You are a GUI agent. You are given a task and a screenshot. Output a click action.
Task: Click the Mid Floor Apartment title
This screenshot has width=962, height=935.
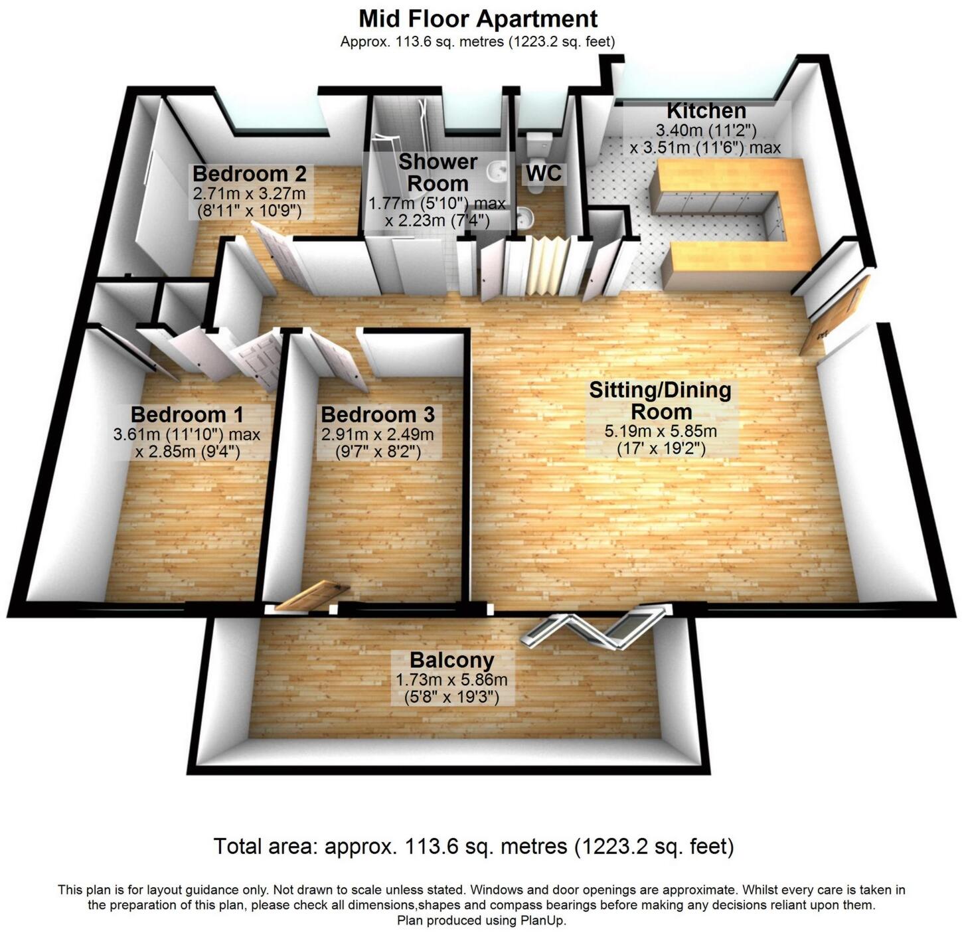478,18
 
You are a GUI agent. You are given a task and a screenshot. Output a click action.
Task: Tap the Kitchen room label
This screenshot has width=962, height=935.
706,110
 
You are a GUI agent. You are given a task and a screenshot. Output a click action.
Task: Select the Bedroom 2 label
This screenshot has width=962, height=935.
249,175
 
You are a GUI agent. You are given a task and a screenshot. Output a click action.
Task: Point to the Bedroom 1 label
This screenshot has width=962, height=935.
187,415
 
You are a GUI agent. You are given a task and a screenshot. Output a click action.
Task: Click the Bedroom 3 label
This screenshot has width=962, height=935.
377,415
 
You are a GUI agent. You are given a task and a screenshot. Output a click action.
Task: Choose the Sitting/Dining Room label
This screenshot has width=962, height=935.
660,400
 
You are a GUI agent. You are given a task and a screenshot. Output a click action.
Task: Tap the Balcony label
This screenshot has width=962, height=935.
451,661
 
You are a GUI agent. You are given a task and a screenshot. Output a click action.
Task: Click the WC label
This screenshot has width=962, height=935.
544,173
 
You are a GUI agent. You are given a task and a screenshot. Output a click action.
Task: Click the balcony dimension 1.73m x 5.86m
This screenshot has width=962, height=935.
451,680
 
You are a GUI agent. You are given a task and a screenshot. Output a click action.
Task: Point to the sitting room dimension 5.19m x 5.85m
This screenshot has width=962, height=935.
660,432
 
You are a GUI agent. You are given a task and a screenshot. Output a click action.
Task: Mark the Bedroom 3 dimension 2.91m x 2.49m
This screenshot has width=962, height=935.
377,435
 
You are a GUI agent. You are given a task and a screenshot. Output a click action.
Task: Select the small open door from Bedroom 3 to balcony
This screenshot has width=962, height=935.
312,594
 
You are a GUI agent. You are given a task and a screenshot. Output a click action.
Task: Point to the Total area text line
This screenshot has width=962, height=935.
473,847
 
